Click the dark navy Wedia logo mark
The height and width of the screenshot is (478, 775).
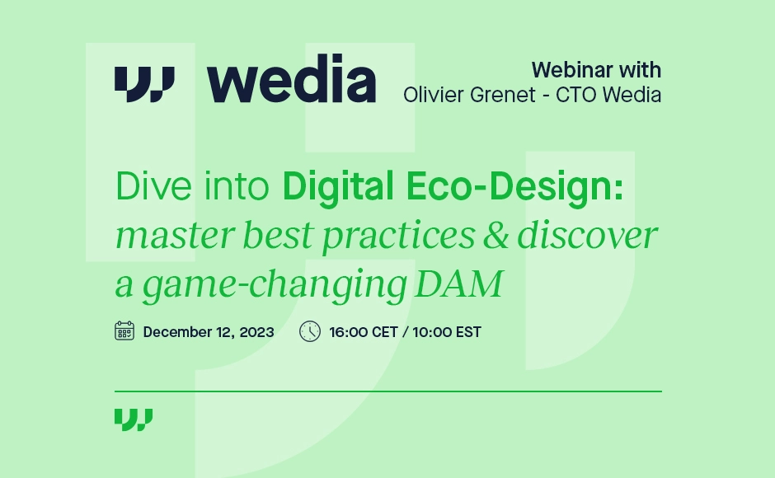click(x=144, y=83)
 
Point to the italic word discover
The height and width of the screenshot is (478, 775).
click(x=586, y=236)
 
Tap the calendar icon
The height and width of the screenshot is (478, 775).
click(x=124, y=331)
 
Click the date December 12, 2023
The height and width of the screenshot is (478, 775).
click(x=209, y=332)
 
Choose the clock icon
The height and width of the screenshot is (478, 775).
click(x=310, y=331)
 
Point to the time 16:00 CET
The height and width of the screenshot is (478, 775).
click(x=363, y=332)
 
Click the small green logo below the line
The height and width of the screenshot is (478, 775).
click(x=134, y=419)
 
